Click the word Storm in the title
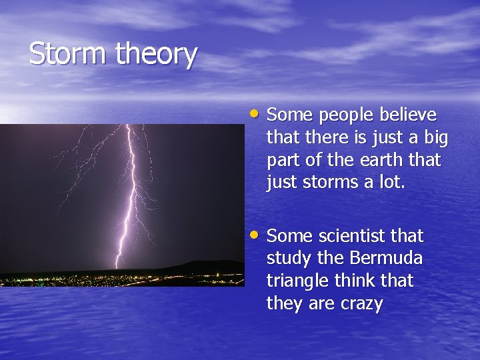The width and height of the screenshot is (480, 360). click(x=67, y=53)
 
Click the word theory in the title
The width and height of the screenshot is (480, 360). click(x=156, y=55)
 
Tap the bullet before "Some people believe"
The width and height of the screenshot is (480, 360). click(x=254, y=114)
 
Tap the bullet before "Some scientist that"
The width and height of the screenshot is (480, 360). click(x=254, y=235)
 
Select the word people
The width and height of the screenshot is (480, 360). click(x=346, y=116)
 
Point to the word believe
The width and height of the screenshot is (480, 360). click(x=408, y=115)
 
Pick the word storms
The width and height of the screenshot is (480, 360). click(x=330, y=183)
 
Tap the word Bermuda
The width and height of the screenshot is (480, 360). click(x=386, y=258)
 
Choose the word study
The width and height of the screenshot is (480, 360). click(x=289, y=259)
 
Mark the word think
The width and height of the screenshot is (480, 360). click(x=355, y=281)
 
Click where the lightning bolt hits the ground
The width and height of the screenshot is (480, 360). click(x=116, y=268)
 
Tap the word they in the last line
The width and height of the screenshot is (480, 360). click(x=285, y=304)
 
